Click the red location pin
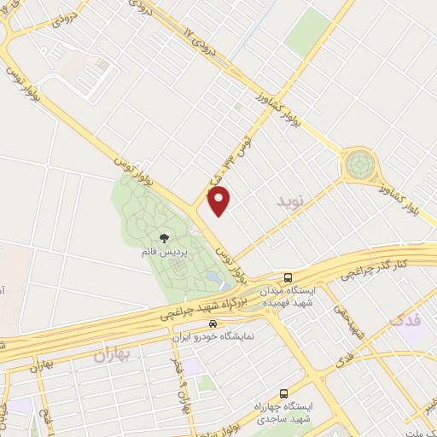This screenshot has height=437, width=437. pyautogui.click(x=219, y=201)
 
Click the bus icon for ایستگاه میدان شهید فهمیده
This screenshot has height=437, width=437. pyautogui.click(x=289, y=278)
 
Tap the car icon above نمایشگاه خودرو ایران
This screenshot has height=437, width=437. pyautogui.click(x=212, y=324)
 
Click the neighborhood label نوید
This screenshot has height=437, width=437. pyautogui.click(x=290, y=202)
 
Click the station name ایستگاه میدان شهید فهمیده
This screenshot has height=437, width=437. pyautogui.click(x=288, y=296)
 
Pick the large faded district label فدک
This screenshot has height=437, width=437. pyautogui.click(x=405, y=322)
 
